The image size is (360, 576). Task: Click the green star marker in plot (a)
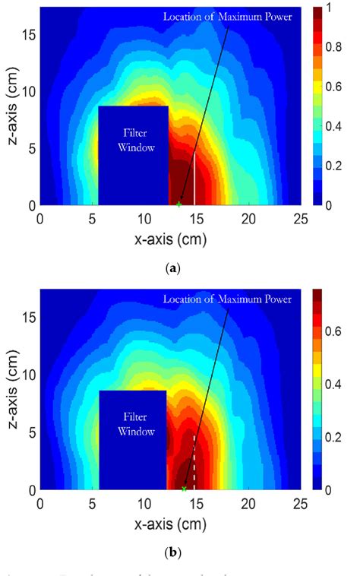coord(179,204)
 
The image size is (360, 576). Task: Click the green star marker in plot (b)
coord(185,489)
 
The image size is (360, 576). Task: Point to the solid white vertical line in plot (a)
coord(195,179)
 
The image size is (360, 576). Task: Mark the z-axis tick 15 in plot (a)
coord(29,35)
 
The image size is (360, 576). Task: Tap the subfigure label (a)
coord(180,267)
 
